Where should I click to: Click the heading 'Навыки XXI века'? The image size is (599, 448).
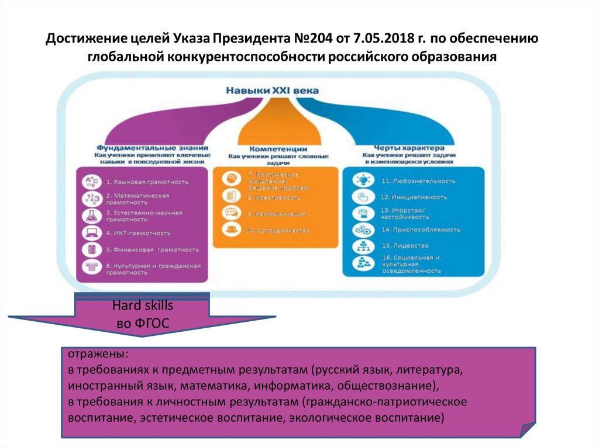pos(269,91)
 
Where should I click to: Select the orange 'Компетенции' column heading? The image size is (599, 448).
pos(275,149)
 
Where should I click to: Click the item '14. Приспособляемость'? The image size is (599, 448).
pos(420,230)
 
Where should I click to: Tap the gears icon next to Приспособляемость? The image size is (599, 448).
pos(359,230)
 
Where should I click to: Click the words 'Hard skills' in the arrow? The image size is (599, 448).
pos(143,306)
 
